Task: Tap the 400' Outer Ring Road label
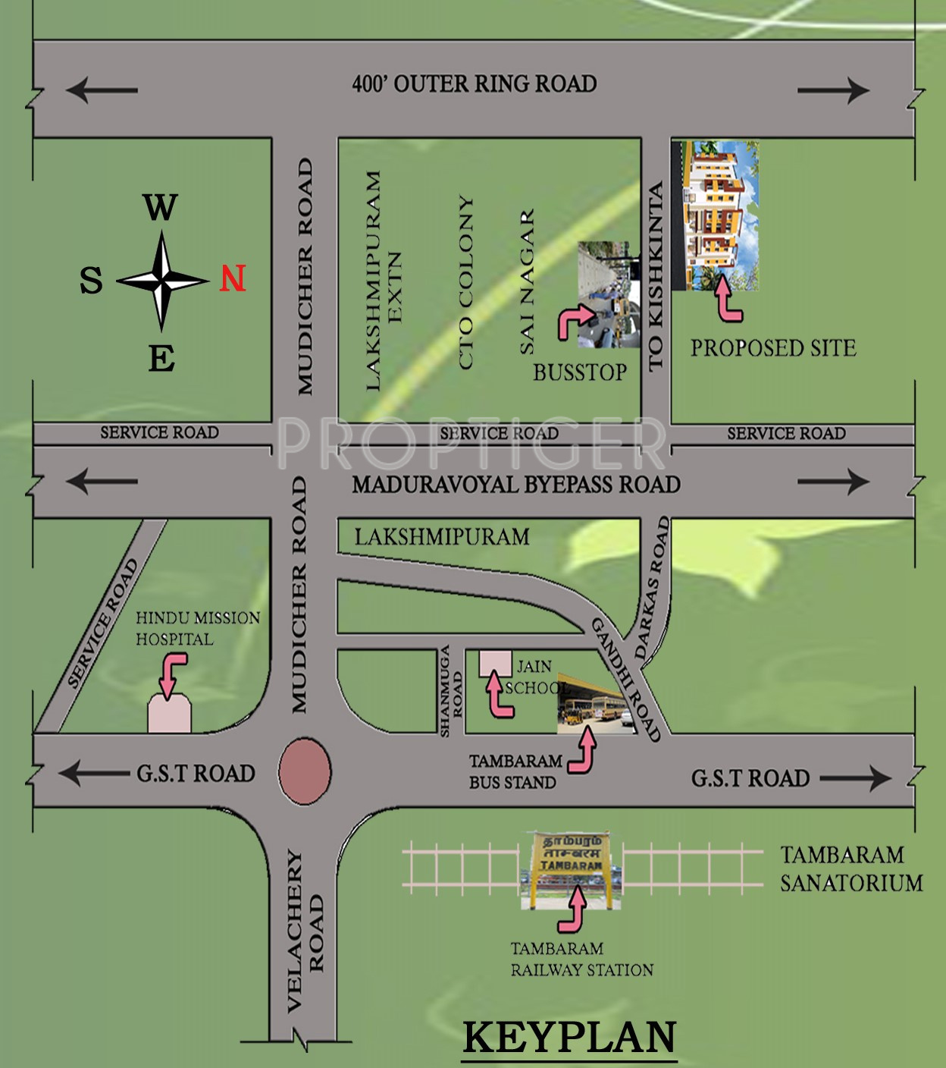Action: [475, 83]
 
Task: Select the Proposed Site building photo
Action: [715, 215]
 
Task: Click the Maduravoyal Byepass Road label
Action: [516, 484]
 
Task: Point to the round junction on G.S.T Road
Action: [305, 771]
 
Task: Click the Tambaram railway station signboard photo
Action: [572, 869]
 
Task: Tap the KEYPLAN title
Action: [569, 1037]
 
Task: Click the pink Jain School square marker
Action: [495, 661]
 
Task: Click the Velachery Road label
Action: [305, 930]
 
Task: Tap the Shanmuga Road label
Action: [451, 690]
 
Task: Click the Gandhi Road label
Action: [626, 680]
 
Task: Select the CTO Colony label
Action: [465, 283]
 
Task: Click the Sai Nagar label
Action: [527, 282]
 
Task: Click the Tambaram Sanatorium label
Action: [850, 869]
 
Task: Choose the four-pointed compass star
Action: [161, 281]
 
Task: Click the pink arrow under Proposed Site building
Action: [728, 299]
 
